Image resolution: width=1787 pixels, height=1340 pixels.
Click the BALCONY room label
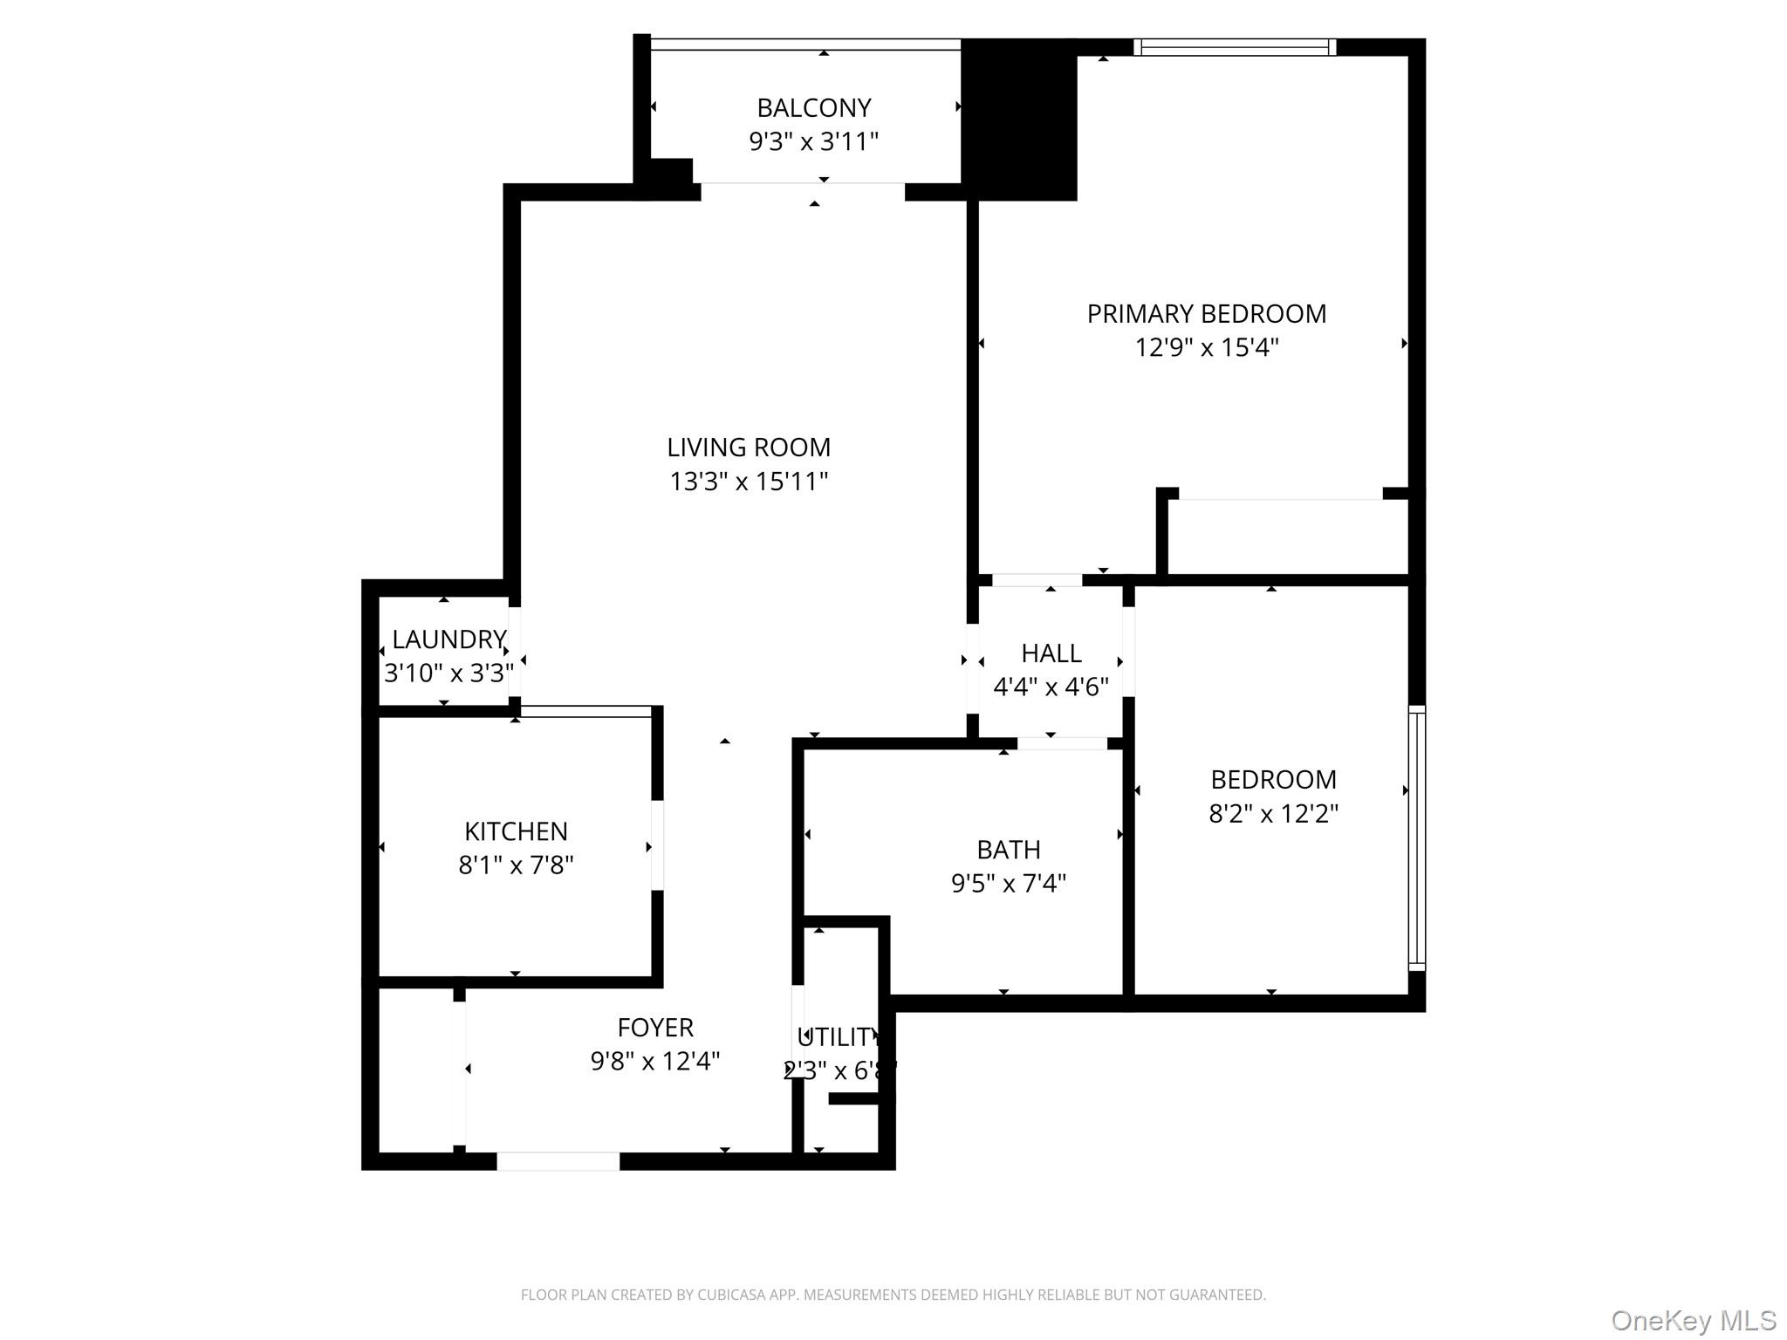coord(813,107)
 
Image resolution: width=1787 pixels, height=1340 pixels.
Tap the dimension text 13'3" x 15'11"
coord(748,481)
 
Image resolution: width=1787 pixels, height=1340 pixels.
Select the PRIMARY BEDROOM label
coord(1206,313)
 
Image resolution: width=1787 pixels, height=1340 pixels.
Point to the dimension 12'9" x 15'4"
coord(1206,347)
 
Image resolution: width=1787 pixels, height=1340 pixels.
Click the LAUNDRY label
coord(448,639)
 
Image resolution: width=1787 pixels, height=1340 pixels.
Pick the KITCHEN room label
coord(516,831)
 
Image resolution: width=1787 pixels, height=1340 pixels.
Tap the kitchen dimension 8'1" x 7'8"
coord(516,865)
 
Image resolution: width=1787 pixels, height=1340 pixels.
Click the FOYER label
coord(654,1027)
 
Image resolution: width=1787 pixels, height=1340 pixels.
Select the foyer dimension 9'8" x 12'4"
coord(654,1061)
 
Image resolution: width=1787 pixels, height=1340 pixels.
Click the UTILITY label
coord(837,1036)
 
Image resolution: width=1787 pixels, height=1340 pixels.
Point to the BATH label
coord(1008,849)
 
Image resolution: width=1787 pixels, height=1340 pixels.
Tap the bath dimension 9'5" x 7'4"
coord(1008,883)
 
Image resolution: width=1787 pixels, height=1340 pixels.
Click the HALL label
coord(1051,653)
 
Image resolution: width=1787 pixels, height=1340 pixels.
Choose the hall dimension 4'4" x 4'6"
coord(1051,687)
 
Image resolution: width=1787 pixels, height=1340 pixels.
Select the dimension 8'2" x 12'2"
coord(1272,813)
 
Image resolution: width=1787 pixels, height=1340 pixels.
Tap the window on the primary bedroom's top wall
coord(1234,47)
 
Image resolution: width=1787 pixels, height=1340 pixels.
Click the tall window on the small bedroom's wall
coord(1416,837)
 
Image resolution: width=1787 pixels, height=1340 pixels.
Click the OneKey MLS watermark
coord(1693,1320)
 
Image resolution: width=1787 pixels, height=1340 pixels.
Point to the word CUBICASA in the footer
coord(728,1295)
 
